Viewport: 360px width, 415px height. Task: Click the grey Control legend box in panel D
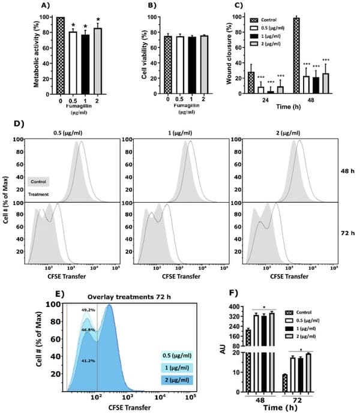click(x=38, y=181)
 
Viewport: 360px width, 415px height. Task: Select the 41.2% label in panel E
click(x=89, y=360)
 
